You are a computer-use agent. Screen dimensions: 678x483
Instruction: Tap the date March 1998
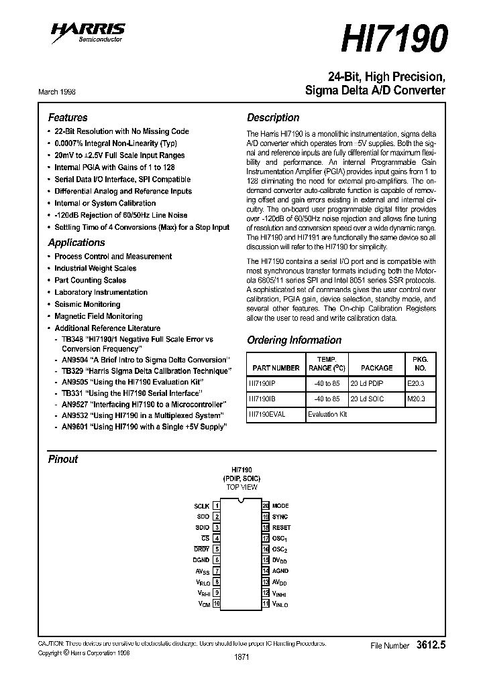tap(56, 91)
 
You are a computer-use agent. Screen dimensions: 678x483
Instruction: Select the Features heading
tap(68, 117)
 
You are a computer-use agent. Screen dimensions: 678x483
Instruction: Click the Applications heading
tap(76, 243)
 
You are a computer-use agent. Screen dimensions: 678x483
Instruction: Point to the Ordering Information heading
tap(294, 340)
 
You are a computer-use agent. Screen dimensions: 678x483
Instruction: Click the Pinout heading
tap(63, 459)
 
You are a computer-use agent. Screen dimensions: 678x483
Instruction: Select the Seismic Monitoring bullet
tap(87, 304)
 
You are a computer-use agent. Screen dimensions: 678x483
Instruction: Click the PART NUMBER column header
tap(276, 368)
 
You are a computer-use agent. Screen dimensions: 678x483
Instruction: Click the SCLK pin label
tap(201, 506)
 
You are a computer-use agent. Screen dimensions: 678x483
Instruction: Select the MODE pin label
tap(280, 506)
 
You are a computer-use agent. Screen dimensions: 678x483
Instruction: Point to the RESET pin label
tap(281, 527)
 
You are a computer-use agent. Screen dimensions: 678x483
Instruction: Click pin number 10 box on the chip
tap(217, 604)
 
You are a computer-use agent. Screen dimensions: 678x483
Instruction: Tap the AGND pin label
tap(280, 571)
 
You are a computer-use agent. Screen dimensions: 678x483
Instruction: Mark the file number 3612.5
tap(431, 645)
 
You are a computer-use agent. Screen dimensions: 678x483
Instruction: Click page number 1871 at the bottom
tap(241, 657)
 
